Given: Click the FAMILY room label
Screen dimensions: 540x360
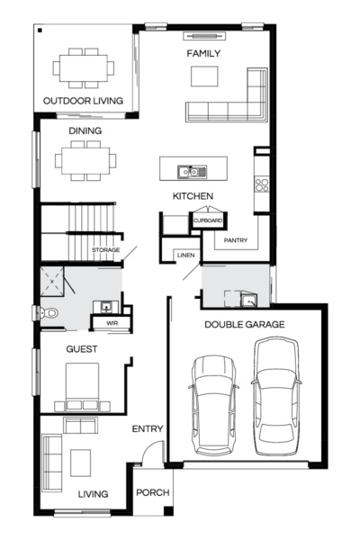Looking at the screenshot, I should pos(203,54).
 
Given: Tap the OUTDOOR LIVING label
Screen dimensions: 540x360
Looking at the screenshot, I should pos(84,101).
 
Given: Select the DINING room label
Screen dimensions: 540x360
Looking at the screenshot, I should pos(85,131).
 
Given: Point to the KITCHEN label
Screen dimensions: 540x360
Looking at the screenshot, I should pos(193,195).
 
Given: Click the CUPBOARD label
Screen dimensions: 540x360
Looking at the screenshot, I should pos(208,219).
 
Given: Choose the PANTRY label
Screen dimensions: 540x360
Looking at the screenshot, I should pos(237,240).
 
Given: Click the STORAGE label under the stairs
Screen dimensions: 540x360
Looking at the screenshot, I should pos(105,249).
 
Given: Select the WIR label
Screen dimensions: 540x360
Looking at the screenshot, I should pos(112,321).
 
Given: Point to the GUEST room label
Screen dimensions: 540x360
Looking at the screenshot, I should pos(83,348).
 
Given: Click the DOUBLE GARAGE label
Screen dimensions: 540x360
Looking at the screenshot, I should pos(245,324).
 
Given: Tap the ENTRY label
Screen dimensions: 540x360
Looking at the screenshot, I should pos(147,428).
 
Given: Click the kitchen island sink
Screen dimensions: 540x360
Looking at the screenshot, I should pos(192,169).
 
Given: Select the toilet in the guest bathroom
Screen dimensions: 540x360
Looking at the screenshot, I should pos(49,313).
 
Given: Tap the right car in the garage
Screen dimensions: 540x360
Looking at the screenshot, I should pos(276,396).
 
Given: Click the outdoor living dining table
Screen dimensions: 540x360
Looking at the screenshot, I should pos(84,67).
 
